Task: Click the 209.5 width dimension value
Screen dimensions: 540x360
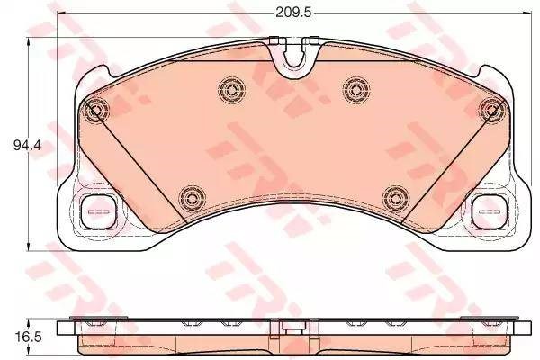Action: (293, 13)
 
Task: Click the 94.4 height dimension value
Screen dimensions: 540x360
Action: (28, 146)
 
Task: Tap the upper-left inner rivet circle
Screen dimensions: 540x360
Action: (231, 90)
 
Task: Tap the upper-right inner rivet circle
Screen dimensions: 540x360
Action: (356, 90)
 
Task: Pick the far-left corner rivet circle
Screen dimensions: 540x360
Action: (95, 110)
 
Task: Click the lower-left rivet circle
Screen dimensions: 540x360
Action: (193, 199)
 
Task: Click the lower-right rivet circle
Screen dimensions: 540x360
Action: (396, 199)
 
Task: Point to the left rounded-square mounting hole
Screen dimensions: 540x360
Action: (97, 211)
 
